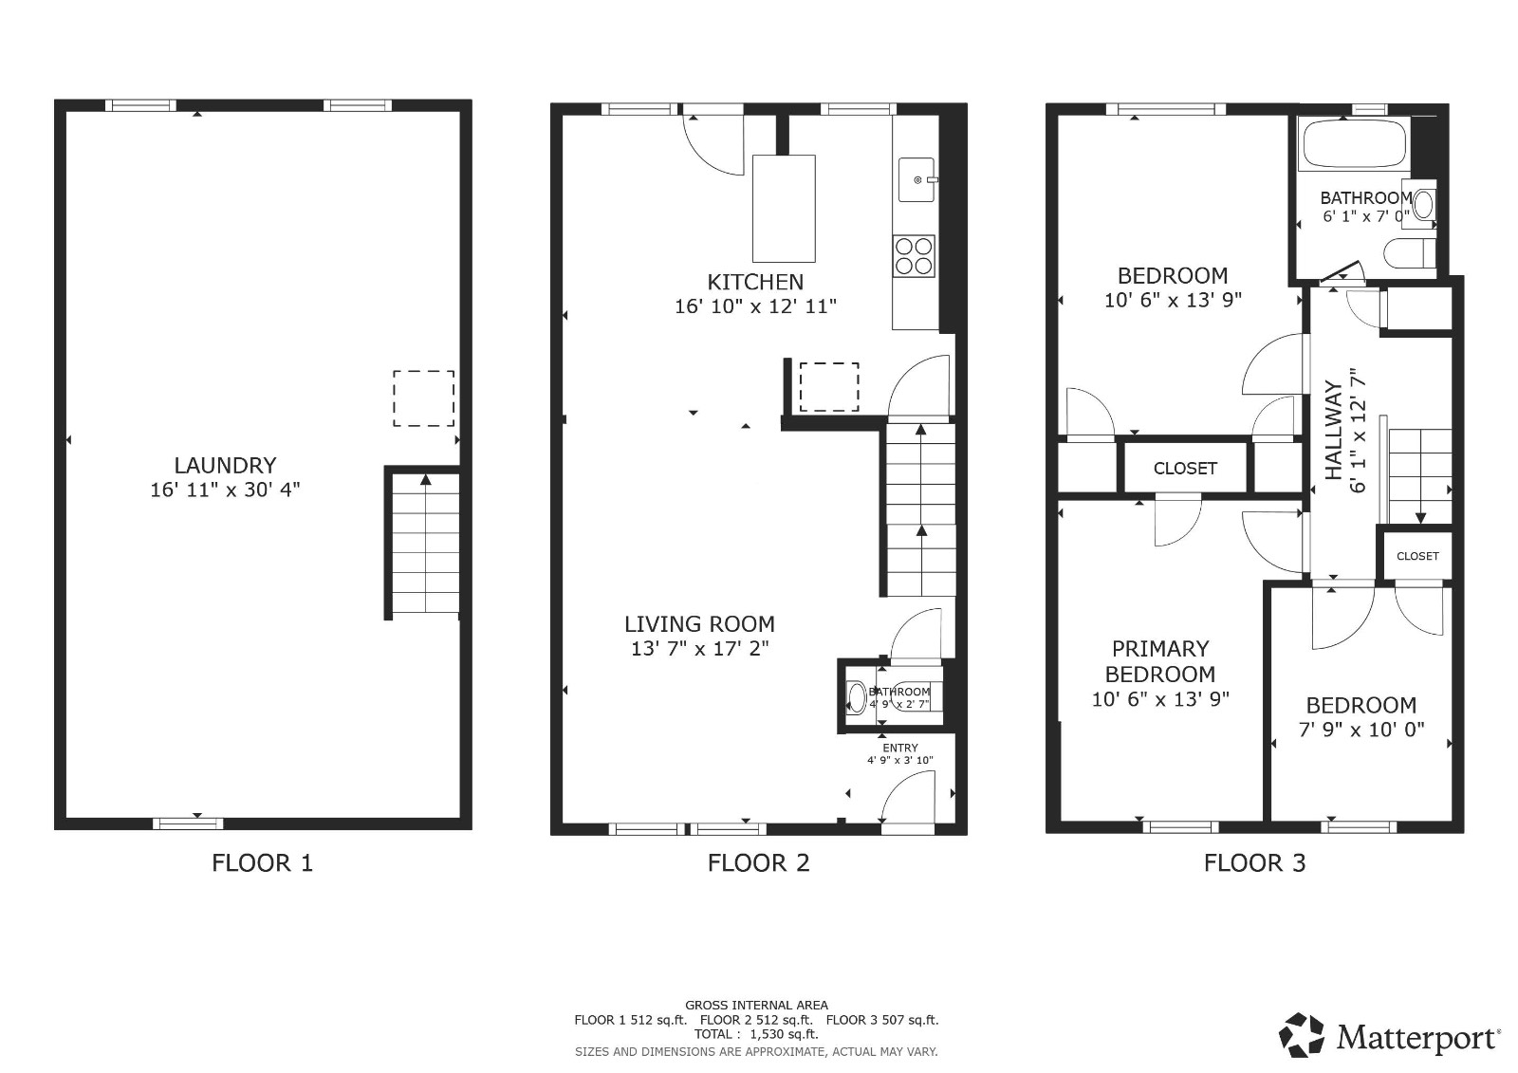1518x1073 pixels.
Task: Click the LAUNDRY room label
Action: point(225,465)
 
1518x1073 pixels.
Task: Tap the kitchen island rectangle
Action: point(784,209)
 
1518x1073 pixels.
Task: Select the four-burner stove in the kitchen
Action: point(915,255)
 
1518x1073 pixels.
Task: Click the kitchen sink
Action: point(917,179)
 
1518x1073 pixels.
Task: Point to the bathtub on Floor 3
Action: point(1354,144)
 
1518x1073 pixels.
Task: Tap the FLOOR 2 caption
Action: point(758,862)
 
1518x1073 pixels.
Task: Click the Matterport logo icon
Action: point(1302,1035)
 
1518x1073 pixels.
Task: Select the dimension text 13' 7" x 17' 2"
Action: point(699,649)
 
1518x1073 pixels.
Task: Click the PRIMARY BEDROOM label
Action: point(1159,661)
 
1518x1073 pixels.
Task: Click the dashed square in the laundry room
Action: point(423,398)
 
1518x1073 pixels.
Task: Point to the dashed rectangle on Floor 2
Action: point(829,387)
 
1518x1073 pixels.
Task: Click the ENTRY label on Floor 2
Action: point(899,748)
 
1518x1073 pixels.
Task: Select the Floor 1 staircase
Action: point(425,546)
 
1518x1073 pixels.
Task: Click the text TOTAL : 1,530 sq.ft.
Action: point(755,1034)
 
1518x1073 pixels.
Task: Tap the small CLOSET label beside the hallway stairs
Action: point(1417,556)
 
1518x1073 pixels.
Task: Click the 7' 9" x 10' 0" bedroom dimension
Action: point(1361,731)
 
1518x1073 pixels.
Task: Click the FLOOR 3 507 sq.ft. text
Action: point(881,1020)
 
